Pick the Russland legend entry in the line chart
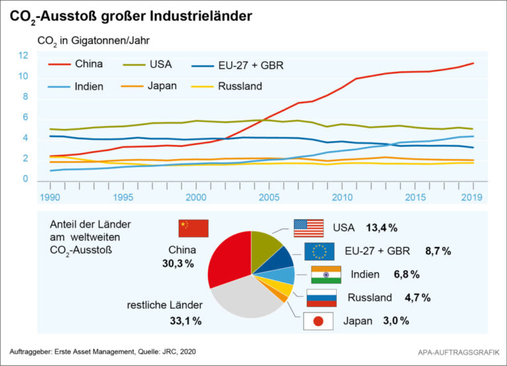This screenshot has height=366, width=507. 240,86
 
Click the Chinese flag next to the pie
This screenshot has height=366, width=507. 193,229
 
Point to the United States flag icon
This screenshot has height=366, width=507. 308,228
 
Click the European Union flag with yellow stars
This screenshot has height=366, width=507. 320,251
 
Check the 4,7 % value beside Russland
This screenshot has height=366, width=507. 418,298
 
